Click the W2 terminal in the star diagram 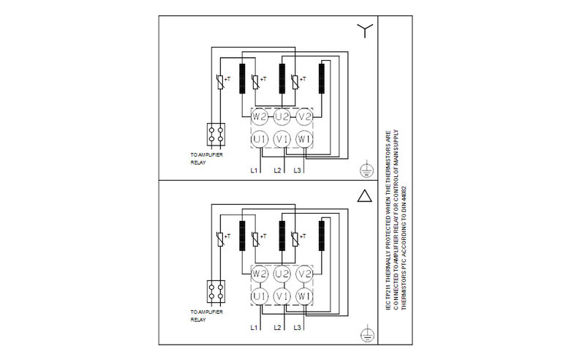pos(259,116)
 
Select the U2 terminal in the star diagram pos(282,116)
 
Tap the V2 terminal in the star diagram pos(306,116)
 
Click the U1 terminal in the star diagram pos(259,138)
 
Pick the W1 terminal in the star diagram pos(306,138)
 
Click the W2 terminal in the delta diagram pos(259,274)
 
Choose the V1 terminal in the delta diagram pos(282,296)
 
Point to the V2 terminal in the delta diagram pos(306,274)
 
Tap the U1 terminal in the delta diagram pos(259,296)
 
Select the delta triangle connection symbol pos(364,196)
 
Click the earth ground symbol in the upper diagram pos(364,170)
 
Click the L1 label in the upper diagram pos(254,170)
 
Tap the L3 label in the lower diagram pos(298,327)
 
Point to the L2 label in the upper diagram pos(278,170)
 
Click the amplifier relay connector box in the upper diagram pos(216,134)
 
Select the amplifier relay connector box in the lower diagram pos(216,292)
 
